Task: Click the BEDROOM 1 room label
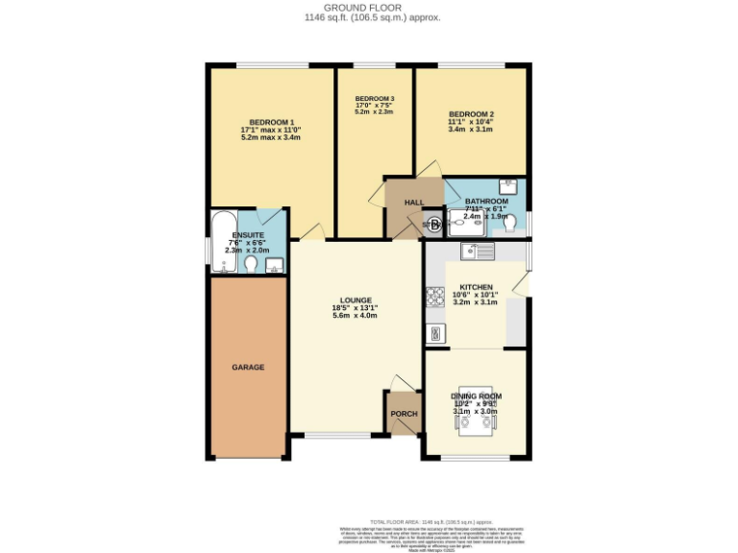click(271, 122)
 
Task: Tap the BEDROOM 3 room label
click(375, 99)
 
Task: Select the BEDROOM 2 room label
click(471, 113)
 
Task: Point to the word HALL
click(414, 203)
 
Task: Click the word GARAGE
click(247, 367)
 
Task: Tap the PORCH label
click(404, 414)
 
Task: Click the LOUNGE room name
click(355, 300)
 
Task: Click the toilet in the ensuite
click(251, 264)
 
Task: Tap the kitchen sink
click(477, 252)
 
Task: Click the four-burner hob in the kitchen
click(434, 297)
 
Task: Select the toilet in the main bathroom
click(510, 224)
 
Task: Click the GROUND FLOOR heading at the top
click(368, 7)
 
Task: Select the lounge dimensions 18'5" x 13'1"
click(355, 308)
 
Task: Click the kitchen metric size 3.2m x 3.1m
click(478, 303)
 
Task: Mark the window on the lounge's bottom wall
click(337, 435)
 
